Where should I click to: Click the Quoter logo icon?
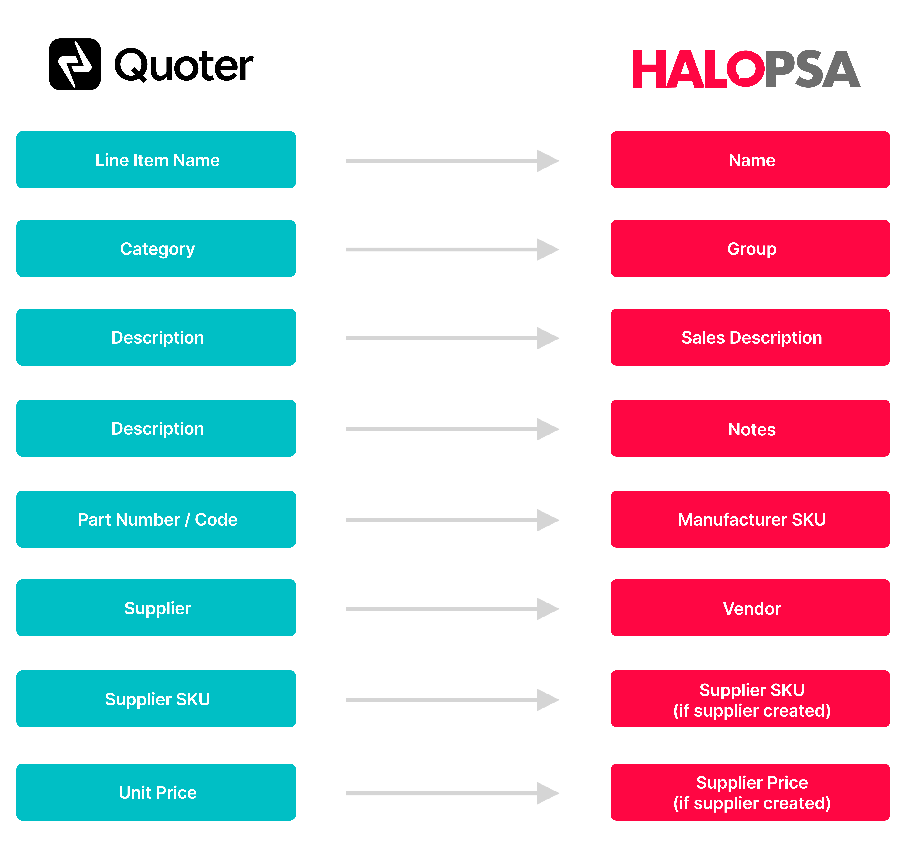click(75, 64)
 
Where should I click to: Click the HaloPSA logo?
click(746, 69)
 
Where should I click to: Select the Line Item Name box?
click(156, 160)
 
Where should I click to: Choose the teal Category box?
click(156, 249)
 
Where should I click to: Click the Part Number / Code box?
click(156, 519)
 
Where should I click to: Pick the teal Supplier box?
click(156, 608)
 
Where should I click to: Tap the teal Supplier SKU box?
click(156, 699)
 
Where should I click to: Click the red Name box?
click(750, 160)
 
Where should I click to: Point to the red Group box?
click(750, 249)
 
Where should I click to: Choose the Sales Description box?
click(750, 337)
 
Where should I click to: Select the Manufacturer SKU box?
click(750, 519)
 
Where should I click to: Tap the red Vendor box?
click(750, 608)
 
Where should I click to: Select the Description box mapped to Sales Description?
click(156, 337)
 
